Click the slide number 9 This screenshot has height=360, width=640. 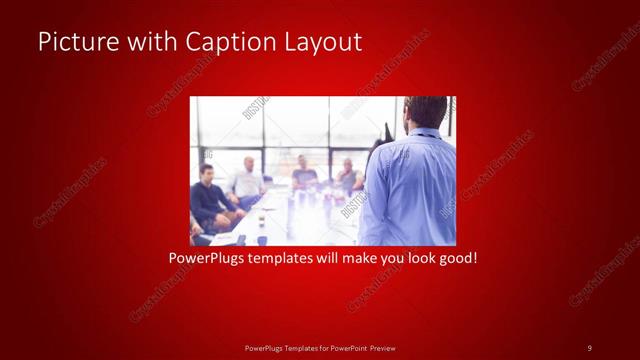[589, 347]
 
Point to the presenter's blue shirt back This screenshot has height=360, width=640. [410, 190]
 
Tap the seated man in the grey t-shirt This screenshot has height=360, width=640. [305, 172]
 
